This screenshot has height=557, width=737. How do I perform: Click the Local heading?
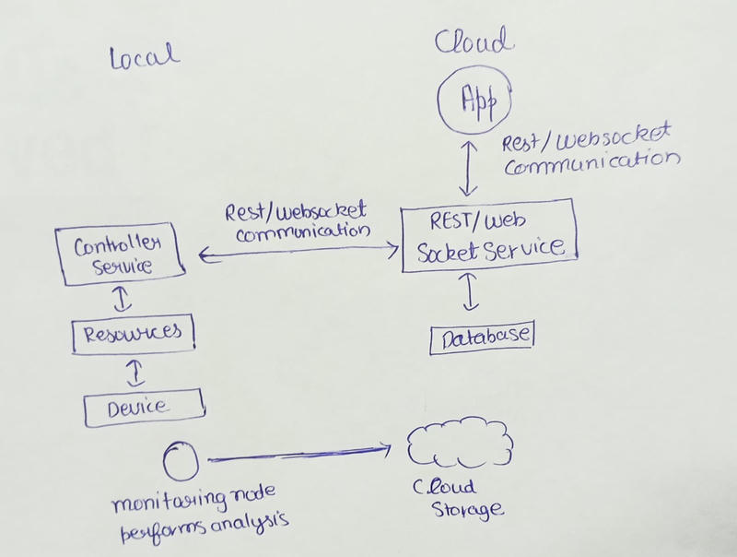pos(144,57)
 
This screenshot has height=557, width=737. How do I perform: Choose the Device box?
pos(142,404)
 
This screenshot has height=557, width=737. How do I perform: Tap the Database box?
pos(483,338)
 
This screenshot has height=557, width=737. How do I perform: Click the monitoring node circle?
pos(178,458)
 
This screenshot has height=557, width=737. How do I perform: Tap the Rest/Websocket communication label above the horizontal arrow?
pos(297,221)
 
